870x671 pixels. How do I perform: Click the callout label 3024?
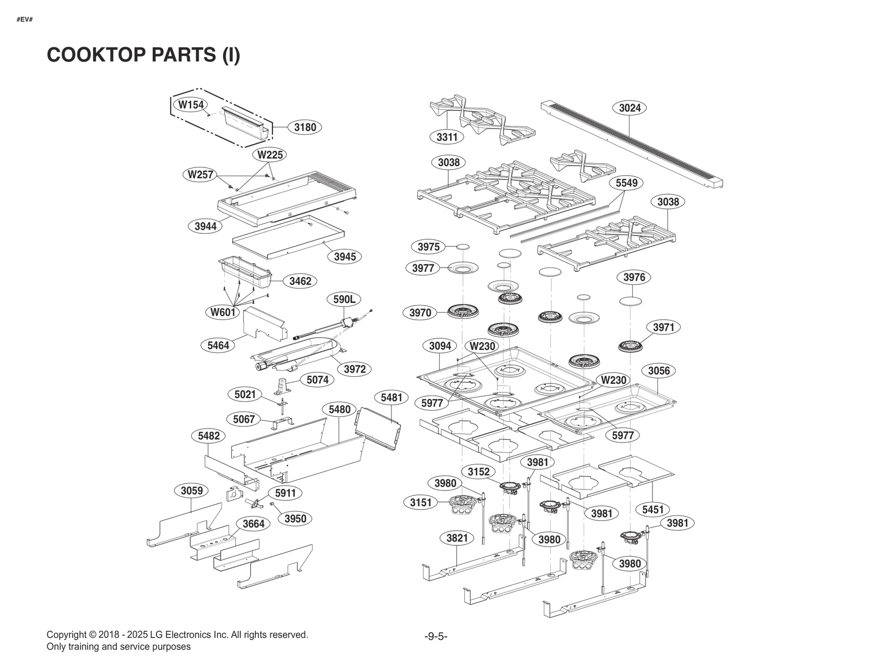(x=630, y=108)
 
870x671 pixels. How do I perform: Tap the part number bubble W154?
(x=191, y=104)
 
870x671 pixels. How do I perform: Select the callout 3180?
(x=304, y=127)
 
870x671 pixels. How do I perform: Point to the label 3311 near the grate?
(x=447, y=137)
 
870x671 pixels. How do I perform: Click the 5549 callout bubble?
(x=626, y=183)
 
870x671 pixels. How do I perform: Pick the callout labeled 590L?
(x=344, y=299)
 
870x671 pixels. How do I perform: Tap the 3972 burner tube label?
(x=355, y=369)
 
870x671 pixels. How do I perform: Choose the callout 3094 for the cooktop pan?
(x=440, y=346)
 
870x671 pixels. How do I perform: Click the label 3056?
(x=658, y=371)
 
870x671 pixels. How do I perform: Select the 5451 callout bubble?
(x=652, y=510)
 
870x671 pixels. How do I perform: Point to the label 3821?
(x=457, y=538)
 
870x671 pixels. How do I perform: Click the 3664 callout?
(x=253, y=524)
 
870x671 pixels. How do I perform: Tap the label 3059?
(x=191, y=490)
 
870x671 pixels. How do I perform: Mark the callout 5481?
(x=391, y=397)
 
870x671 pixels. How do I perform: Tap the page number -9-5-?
(x=436, y=636)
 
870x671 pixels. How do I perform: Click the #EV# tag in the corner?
(x=24, y=20)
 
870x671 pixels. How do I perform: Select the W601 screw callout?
(x=223, y=312)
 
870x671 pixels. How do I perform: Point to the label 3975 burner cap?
(x=428, y=247)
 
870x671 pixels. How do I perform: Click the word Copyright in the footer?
(x=66, y=635)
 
